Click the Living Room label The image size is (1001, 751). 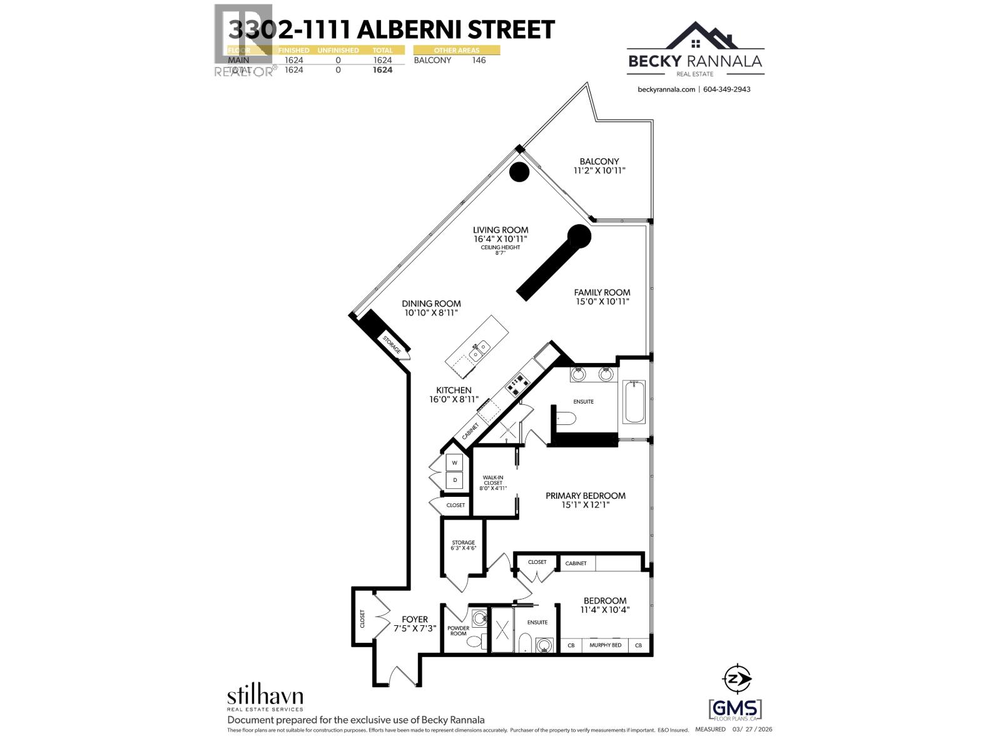pos(500,230)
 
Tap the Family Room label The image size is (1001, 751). pos(602,292)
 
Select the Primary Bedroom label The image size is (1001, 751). pos(585,496)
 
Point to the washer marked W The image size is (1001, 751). pos(455,463)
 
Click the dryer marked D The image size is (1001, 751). pos(455,480)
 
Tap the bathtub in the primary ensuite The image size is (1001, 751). pos(634,401)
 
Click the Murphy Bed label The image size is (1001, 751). pos(605,645)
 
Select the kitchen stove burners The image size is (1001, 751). pos(518,384)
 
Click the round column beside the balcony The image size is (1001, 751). pos(519,172)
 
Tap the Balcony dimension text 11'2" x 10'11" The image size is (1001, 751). pos(599,170)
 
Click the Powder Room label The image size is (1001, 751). pos(458,631)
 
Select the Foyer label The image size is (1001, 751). pos(415,620)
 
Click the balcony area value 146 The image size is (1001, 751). pos(479,60)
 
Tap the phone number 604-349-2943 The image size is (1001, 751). pos(726,89)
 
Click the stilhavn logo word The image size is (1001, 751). pos(265,696)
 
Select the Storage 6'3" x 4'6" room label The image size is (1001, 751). pos(463,543)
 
